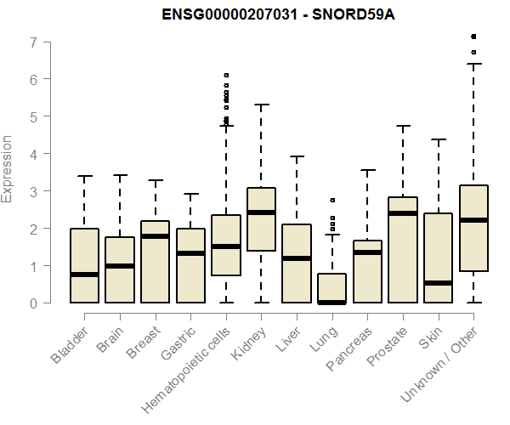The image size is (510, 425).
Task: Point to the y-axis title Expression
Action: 8,169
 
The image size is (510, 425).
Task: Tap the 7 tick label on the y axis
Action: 31,42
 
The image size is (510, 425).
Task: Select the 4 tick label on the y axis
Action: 31,154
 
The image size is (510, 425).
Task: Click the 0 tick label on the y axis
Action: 31,303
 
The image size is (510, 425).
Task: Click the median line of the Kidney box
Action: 261,212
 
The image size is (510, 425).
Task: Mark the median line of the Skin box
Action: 438,282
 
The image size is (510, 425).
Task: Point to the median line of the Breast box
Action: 155,236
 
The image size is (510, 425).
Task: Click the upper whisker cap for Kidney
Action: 261,105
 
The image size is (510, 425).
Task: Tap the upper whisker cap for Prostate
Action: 403,126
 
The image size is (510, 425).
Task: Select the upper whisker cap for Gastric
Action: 190,194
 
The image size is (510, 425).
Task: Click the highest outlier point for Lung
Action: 332,200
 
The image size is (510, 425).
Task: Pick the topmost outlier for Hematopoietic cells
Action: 226,76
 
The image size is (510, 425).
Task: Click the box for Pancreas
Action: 367,271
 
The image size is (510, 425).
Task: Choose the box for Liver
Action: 297,263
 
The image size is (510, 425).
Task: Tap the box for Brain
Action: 120,269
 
